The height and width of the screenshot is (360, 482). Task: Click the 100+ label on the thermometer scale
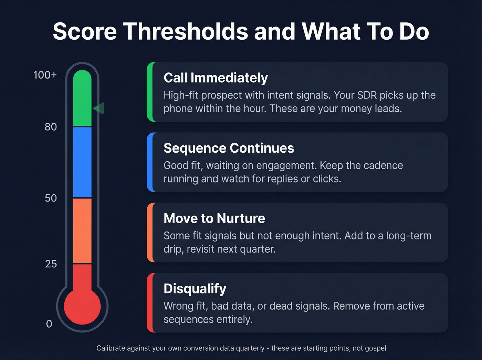[45, 75]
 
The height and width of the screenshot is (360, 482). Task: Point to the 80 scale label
[51, 127]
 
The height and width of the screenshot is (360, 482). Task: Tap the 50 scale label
[51, 198]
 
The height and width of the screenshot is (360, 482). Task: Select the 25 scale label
[51, 264]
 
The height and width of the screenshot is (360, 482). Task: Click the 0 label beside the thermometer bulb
[49, 324]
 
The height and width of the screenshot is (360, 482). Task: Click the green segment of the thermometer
[82, 98]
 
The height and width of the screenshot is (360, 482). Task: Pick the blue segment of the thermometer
[82, 162]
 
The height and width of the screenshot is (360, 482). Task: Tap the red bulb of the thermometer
[82, 306]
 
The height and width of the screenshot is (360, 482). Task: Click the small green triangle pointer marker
[99, 109]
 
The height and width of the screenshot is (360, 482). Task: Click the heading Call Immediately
[216, 78]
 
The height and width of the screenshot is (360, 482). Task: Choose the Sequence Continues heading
[229, 148]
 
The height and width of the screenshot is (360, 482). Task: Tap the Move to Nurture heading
[214, 218]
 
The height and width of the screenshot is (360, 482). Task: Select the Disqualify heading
[195, 289]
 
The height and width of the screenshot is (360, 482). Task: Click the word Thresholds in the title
[186, 31]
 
